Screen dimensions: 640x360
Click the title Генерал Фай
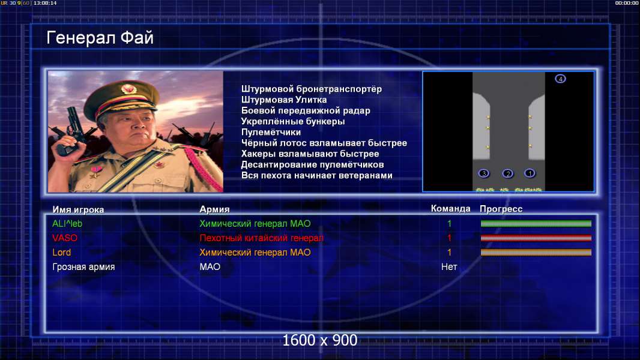coord(100,38)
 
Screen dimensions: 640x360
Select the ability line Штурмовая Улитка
coord(283,100)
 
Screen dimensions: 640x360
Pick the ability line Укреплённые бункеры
coord(292,121)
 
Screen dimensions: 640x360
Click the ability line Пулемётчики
coord(271,132)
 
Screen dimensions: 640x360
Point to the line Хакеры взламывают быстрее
coord(310,154)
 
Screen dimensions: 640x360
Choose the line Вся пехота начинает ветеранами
coord(317,175)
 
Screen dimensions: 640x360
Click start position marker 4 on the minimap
coord(560,79)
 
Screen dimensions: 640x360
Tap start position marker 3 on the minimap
coord(484,173)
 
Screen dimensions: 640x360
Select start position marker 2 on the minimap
coord(508,173)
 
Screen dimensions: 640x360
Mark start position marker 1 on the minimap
coord(530,173)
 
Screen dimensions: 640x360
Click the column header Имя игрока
coord(78,209)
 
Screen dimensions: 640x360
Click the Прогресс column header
coord(501,209)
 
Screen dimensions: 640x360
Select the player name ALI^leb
coord(67,224)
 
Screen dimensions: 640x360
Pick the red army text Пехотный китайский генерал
coord(261,238)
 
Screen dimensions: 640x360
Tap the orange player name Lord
coord(62,253)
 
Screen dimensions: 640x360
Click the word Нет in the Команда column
coord(449,267)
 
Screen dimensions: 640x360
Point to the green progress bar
coord(536,223)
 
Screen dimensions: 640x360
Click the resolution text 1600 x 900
coord(319,340)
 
